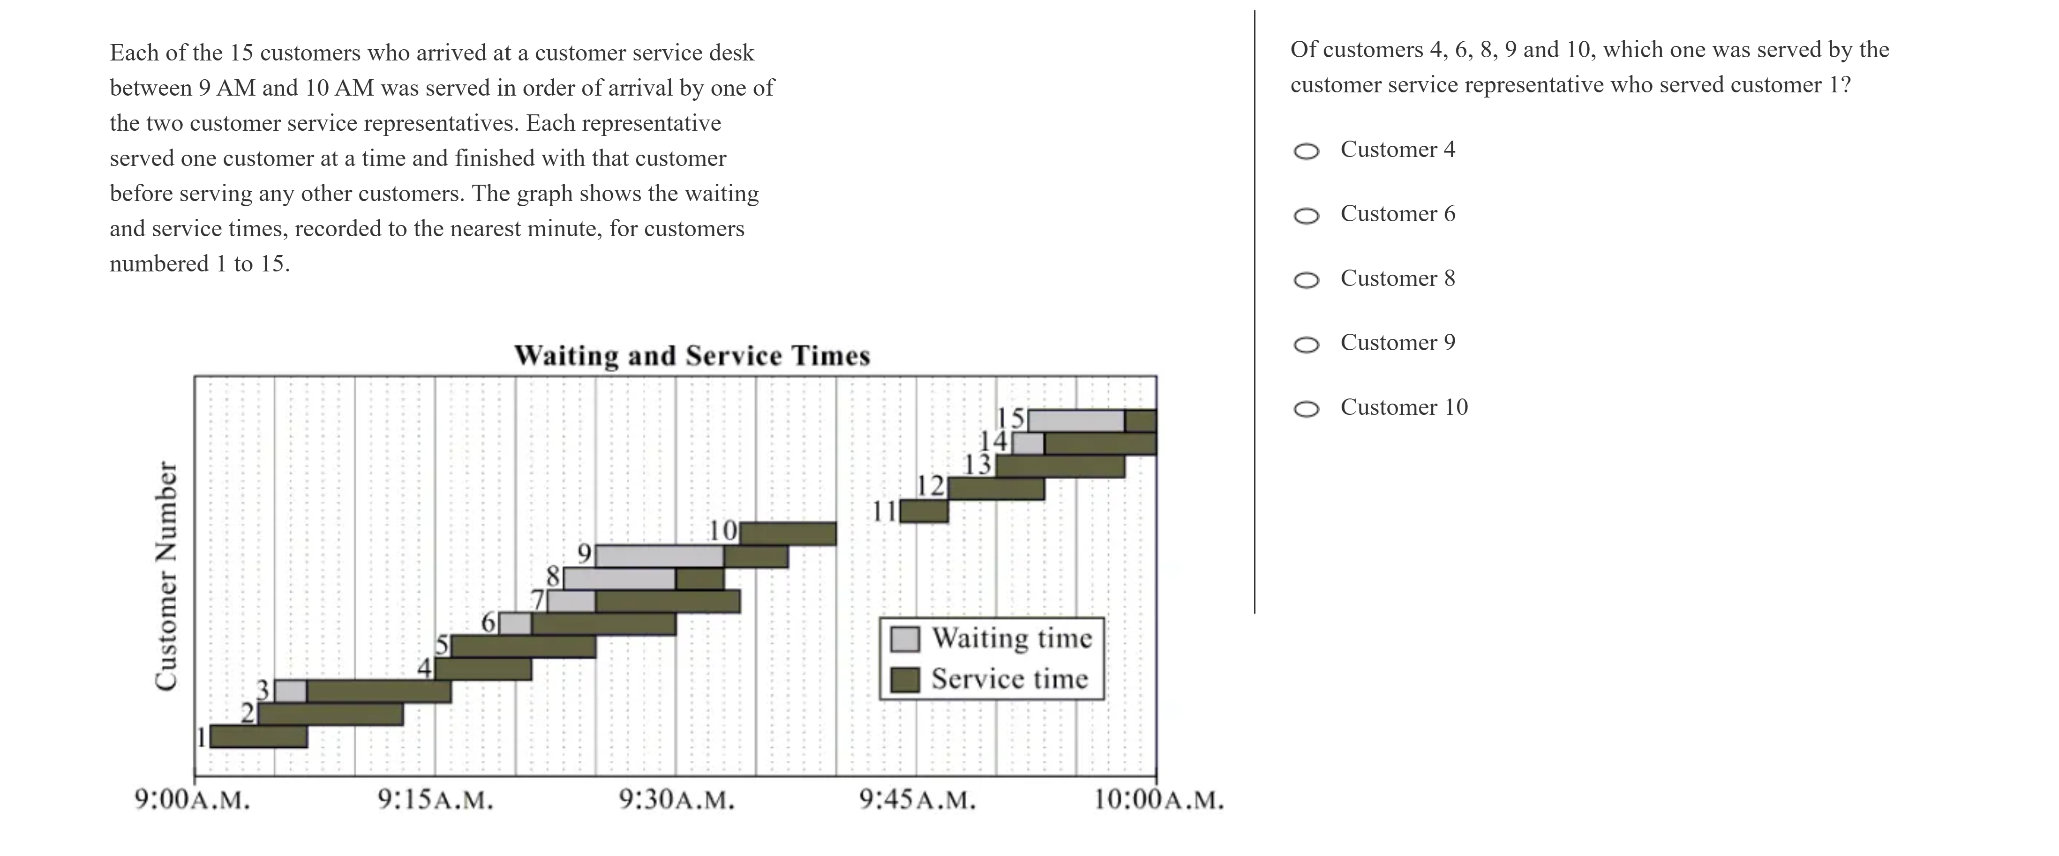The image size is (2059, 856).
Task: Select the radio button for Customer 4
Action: click(x=1306, y=151)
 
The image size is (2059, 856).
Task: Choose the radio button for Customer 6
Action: click(x=1306, y=216)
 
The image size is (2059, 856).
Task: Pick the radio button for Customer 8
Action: click(x=1306, y=280)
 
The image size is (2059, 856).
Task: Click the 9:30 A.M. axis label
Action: click(x=676, y=799)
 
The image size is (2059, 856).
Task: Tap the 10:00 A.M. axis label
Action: click(x=1158, y=799)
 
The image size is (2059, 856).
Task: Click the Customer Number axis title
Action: click(x=166, y=576)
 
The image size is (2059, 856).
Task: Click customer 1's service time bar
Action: click(x=258, y=736)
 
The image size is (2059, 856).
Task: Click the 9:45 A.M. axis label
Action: click(x=917, y=799)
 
